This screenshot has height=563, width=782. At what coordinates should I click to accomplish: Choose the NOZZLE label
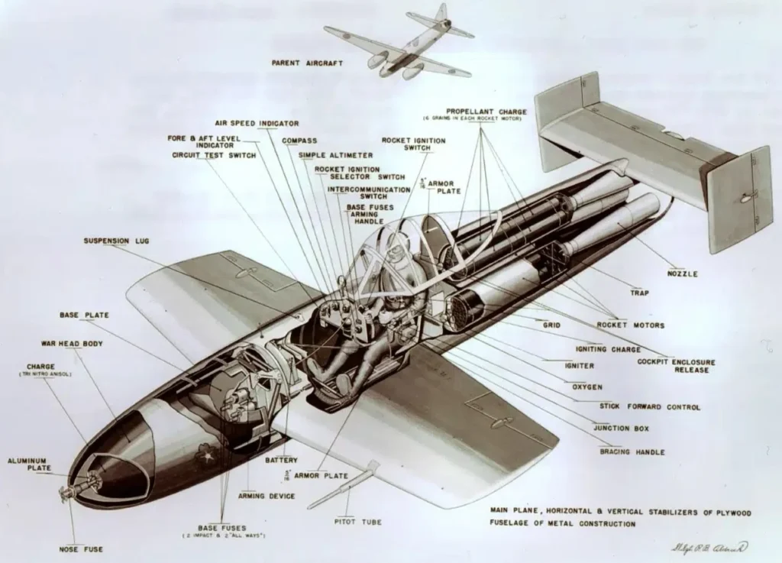[x=682, y=273]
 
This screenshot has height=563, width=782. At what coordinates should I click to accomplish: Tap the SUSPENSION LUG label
[x=116, y=241]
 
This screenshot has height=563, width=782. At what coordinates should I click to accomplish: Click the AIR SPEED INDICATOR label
[x=257, y=122]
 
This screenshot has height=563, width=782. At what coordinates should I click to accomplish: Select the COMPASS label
[x=299, y=141]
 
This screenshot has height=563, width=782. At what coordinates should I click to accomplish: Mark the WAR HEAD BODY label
[x=72, y=344]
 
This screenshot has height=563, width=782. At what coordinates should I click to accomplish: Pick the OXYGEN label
[x=586, y=387]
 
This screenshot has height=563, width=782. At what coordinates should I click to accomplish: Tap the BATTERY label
[x=281, y=460]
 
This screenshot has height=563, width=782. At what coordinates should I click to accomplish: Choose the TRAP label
[x=639, y=292]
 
